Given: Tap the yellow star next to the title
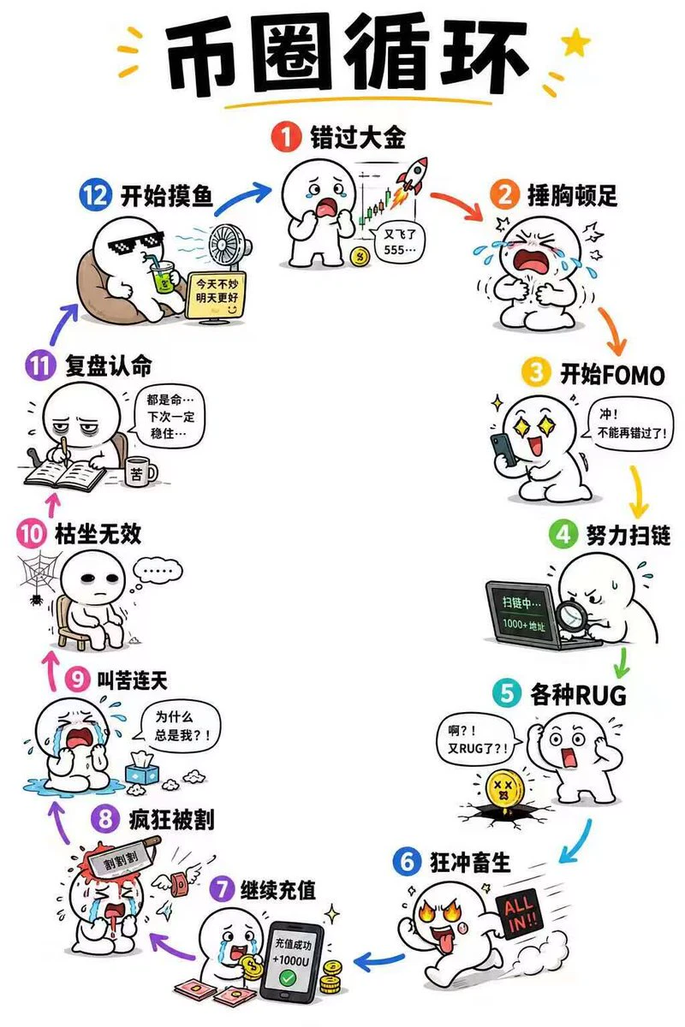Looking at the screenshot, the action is (575, 42).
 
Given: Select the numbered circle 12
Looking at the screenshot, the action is (95, 196).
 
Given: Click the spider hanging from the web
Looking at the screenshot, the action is (35, 598).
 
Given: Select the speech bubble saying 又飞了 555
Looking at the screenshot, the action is (398, 242).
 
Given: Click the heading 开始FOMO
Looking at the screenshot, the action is (612, 374).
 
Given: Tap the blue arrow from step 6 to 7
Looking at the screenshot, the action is (379, 959).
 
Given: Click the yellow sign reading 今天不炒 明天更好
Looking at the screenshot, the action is (217, 294).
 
